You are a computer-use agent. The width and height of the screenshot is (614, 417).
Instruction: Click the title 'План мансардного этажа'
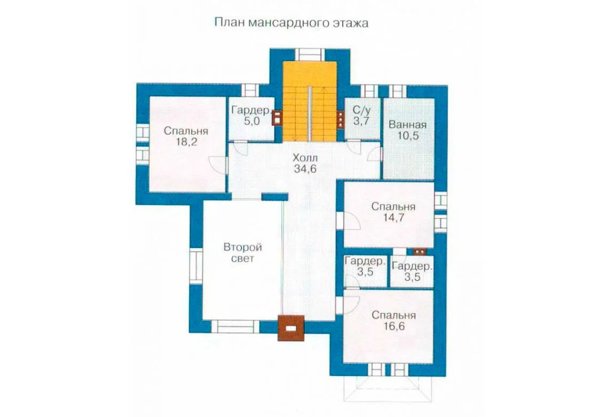click(292, 23)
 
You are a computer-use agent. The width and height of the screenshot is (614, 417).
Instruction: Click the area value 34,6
click(305, 169)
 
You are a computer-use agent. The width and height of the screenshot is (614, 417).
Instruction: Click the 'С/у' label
click(361, 110)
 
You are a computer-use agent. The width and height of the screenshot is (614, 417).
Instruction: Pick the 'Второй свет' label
click(242, 253)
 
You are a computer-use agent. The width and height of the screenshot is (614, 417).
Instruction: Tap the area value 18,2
click(186, 142)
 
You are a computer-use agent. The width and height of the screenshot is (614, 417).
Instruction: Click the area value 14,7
click(393, 218)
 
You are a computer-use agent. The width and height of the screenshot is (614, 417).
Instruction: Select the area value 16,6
click(393, 327)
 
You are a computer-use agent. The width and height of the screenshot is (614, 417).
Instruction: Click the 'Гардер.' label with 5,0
click(251, 110)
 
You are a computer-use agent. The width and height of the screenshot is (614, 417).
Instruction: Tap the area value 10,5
click(408, 136)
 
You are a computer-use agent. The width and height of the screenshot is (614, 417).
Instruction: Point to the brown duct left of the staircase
click(277, 117)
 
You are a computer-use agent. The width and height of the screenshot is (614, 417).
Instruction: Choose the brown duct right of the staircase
click(341, 118)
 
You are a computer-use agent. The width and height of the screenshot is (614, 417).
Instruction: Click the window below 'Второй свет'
click(235, 327)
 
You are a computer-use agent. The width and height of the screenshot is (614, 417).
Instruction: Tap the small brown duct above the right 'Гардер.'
click(419, 251)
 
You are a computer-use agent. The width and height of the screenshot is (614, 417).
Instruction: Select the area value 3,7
click(361, 121)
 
